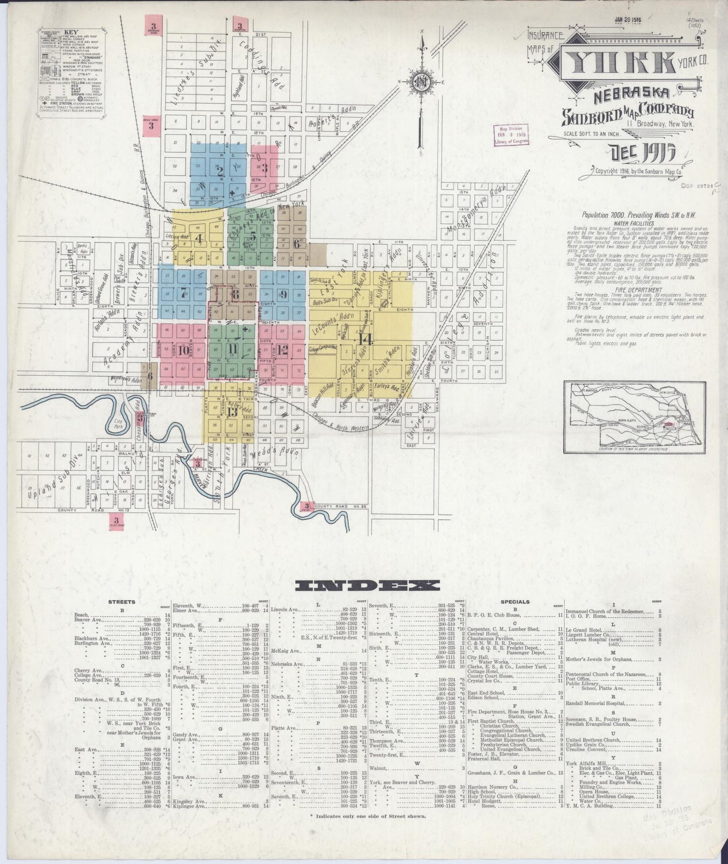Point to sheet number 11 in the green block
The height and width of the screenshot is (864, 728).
[x=233, y=349]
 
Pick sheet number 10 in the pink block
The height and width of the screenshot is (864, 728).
[x=183, y=350]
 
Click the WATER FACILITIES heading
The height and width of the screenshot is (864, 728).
[x=633, y=223]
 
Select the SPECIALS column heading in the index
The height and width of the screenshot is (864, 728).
[x=515, y=601]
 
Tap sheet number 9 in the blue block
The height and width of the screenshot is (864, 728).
[x=283, y=294]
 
